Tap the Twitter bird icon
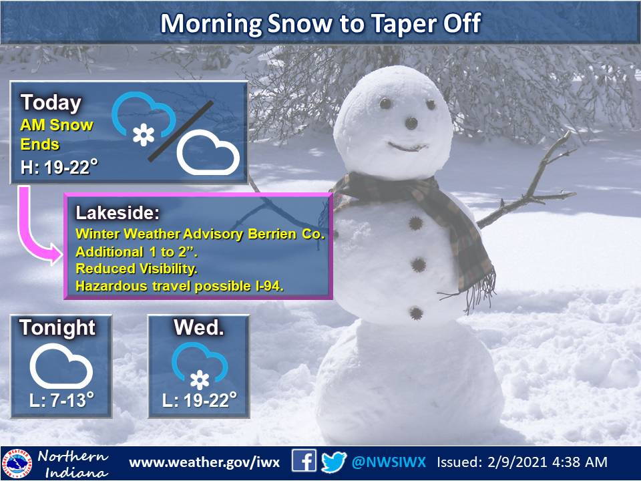pos(334,462)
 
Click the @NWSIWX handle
pos(389,462)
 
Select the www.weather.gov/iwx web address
pos(204,462)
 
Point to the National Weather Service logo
pos(17,464)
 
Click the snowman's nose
pos(411,123)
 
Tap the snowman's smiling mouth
pos(407,146)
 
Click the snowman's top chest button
pos(416,223)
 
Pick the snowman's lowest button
pos(416,313)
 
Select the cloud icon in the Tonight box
pos(61,366)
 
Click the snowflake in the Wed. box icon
pos(200,380)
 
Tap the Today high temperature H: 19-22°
pos(59,167)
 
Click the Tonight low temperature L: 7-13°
pos(61,400)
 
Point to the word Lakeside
pos(118,212)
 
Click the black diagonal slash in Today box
pos(180,131)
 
